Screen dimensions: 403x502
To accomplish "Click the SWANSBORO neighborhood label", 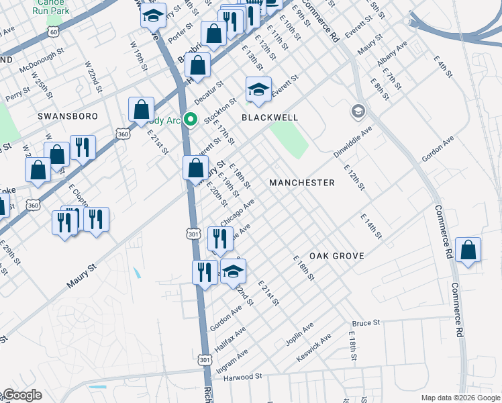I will coord(67,116).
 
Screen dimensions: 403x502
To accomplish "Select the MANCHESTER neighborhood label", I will coord(301,183).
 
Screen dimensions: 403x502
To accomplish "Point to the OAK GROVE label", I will coord(336,256).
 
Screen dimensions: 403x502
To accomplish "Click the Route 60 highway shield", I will coord(53,32).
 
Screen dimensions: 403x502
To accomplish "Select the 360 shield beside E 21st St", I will coord(122,134).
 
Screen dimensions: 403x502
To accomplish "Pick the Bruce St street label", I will coord(366,323).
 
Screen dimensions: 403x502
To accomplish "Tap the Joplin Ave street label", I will coord(299,333).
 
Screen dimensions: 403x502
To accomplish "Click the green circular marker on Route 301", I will coord(190,121).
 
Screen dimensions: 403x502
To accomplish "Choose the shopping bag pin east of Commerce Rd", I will coord(468,250).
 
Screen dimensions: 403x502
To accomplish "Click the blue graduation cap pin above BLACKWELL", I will coord(258,90).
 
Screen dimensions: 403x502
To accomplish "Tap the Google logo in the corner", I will coord(21,395).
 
